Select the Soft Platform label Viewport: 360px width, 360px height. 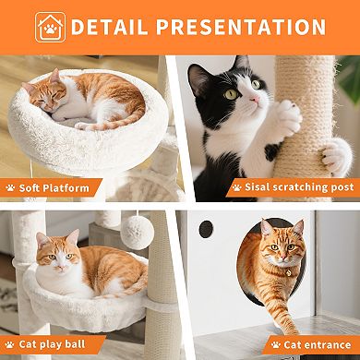(x=54, y=188)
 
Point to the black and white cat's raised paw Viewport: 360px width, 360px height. (x=287, y=116)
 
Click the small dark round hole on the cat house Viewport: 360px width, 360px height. (x=207, y=228)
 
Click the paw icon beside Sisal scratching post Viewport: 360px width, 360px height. (x=238, y=187)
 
